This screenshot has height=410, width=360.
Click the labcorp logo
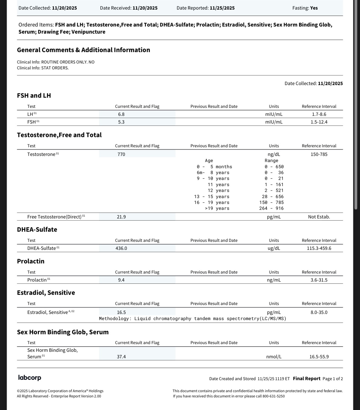(x=30, y=378)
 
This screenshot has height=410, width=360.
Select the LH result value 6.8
(x=121, y=114)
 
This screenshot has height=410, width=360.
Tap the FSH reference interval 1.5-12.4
(x=319, y=122)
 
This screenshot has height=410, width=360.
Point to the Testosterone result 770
(x=121, y=154)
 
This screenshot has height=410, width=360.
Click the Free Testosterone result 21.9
(x=121, y=217)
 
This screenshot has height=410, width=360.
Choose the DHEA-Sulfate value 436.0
(x=121, y=248)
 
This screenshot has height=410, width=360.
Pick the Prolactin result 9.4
(x=121, y=280)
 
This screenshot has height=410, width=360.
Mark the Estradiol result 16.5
(x=121, y=312)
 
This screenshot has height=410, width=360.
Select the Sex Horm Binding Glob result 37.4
(x=121, y=357)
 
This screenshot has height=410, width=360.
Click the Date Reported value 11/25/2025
(x=222, y=8)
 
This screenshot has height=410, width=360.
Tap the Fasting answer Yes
(x=314, y=8)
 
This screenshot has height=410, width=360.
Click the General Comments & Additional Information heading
(x=83, y=50)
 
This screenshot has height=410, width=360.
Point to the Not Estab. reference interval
(x=319, y=217)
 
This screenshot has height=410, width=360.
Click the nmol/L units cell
(x=274, y=357)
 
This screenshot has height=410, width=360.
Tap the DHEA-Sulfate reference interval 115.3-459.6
(x=319, y=248)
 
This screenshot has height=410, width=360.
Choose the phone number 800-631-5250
(x=274, y=396)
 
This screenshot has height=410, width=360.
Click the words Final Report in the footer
(x=306, y=379)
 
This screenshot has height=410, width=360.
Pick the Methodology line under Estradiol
(x=192, y=319)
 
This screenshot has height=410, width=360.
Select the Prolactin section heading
(x=31, y=261)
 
